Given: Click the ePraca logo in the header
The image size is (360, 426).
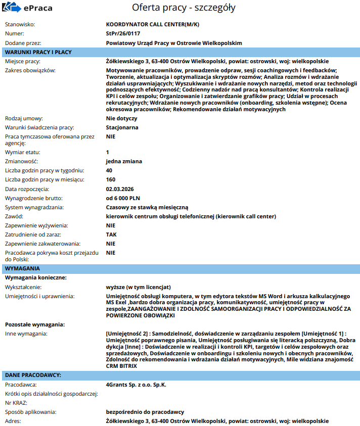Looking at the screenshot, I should click(27, 8).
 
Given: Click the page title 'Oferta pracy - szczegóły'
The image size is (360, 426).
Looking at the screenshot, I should click(184, 8).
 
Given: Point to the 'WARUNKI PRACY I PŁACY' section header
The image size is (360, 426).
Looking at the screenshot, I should click(38, 52).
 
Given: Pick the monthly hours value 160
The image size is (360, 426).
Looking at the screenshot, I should click(111, 179).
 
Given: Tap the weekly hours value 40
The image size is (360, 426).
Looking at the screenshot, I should click(109, 170).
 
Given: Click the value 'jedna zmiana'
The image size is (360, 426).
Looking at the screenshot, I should click(124, 161).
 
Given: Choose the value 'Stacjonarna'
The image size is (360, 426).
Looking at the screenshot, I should click(122, 127).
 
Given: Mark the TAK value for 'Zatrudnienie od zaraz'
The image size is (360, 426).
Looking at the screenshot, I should click(111, 234).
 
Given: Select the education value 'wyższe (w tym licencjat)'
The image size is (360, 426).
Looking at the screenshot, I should click(139, 287).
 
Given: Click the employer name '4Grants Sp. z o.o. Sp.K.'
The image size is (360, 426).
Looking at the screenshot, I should click(136, 385).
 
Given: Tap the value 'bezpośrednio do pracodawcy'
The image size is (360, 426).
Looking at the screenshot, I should click(145, 412).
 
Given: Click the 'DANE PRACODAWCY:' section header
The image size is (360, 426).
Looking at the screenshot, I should click(33, 375).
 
